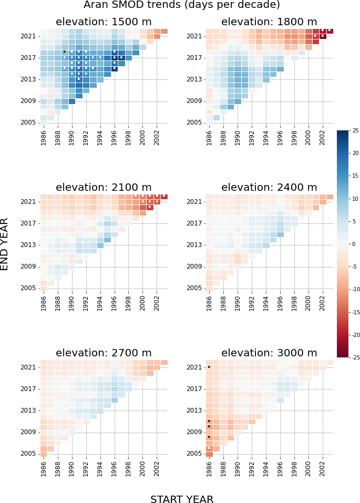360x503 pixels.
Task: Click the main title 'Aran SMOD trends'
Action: click(181, 5)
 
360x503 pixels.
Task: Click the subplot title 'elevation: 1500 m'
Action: click(104, 22)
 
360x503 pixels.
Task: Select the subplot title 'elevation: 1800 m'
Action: click(269, 22)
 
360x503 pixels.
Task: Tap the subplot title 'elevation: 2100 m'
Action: click(104, 188)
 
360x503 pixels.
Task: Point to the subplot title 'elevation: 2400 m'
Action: click(269, 188)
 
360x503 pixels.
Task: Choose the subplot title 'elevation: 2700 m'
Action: click(104, 353)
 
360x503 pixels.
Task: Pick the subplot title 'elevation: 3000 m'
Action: click(269, 353)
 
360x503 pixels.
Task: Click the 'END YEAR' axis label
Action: click(5, 244)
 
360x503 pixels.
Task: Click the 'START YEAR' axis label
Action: click(182, 499)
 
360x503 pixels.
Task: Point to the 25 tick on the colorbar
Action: click(356, 130)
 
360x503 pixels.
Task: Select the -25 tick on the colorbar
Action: click(355, 357)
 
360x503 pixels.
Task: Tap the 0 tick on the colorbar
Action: click(354, 244)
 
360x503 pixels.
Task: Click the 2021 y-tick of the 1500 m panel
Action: click(28, 36)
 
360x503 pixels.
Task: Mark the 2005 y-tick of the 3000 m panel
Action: click(194, 454)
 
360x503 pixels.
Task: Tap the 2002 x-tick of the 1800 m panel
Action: click(322, 137)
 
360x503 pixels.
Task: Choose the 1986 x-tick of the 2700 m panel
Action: click(44, 468)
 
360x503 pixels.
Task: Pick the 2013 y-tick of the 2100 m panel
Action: click(28, 245)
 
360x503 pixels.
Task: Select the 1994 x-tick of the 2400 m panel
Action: click(265, 303)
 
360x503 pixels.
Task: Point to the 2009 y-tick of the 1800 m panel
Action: click(194, 101)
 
